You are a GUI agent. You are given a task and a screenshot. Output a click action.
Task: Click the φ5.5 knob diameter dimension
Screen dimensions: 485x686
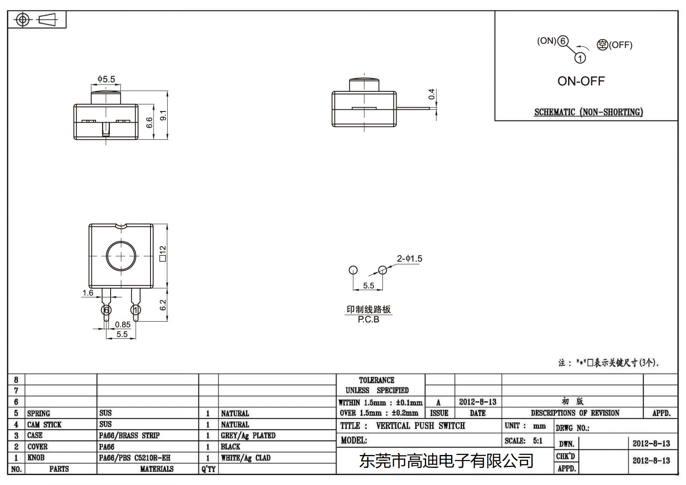point(106,79)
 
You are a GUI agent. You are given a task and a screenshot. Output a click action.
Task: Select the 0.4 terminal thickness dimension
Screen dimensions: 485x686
point(432,94)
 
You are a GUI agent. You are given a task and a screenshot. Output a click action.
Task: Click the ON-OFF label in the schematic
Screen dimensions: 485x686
point(581,81)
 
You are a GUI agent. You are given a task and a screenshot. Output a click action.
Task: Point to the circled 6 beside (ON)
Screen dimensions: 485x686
point(563,41)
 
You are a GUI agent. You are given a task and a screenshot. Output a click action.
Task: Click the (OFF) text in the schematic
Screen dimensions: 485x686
point(620,45)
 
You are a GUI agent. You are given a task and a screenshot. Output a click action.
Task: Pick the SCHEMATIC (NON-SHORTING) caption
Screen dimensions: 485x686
point(588,112)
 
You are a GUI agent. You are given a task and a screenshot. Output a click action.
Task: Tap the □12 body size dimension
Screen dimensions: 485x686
point(162,253)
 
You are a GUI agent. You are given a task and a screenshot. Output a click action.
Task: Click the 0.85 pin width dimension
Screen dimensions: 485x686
point(123,325)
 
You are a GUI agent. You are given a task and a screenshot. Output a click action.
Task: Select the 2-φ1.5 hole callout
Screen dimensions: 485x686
point(409,259)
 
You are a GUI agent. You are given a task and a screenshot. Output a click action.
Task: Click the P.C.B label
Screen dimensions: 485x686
point(368,319)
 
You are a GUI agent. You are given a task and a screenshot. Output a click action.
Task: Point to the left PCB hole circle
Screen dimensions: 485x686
point(353,270)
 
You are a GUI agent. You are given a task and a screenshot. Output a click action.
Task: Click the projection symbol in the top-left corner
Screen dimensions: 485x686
point(36,20)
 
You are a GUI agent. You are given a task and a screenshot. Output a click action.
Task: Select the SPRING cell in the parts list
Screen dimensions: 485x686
point(39,413)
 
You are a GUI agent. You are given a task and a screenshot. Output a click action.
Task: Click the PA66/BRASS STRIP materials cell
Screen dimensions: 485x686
point(129,436)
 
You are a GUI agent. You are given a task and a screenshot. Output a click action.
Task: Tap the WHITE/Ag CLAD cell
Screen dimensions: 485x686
point(246,458)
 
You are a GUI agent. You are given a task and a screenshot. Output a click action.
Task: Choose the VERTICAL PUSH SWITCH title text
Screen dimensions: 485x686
point(420,426)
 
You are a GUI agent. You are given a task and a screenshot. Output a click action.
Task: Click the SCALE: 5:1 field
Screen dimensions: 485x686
point(524,441)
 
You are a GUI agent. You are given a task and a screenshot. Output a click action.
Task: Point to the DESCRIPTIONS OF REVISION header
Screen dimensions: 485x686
point(575,413)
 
